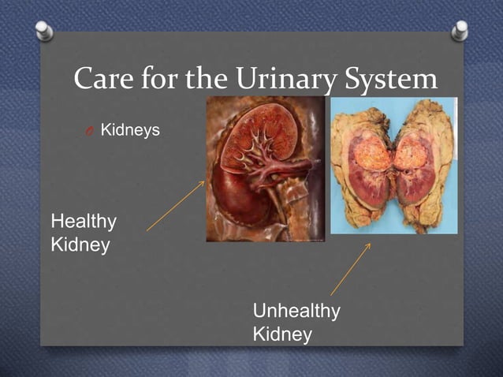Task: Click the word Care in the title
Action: [102, 79]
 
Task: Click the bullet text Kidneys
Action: [129, 129]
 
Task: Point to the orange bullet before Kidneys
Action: [91, 130]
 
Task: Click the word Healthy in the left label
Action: [84, 222]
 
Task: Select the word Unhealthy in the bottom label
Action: [296, 312]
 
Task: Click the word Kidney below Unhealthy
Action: [282, 334]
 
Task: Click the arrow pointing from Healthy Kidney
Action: [175, 206]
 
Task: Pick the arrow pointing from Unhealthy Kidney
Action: [351, 269]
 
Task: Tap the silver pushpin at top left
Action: [45, 31]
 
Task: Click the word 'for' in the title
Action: [162, 79]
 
